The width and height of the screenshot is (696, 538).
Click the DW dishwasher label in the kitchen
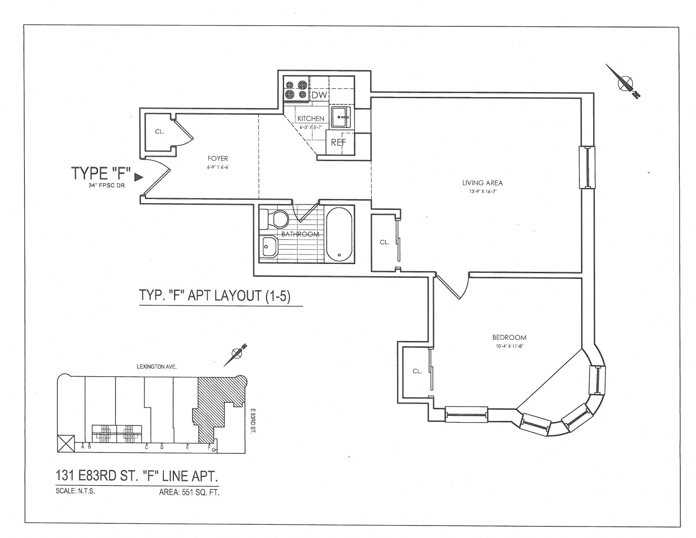click(319, 95)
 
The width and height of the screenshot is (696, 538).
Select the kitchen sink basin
click(341, 117)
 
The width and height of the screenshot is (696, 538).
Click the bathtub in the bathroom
click(339, 234)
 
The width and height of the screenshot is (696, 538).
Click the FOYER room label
click(218, 159)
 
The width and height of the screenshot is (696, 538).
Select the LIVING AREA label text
click(482, 183)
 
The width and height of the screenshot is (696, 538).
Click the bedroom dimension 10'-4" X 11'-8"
click(509, 346)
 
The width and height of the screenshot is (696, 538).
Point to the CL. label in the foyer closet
click(159, 131)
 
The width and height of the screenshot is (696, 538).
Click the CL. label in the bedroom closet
click(417, 371)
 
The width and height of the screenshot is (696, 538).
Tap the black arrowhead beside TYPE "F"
click(138, 177)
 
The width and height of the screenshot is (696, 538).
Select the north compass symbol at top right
click(625, 84)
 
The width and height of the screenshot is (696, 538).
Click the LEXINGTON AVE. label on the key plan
click(157, 367)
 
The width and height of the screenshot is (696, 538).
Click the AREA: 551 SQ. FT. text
click(189, 493)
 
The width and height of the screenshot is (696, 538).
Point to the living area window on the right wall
click(587, 167)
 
